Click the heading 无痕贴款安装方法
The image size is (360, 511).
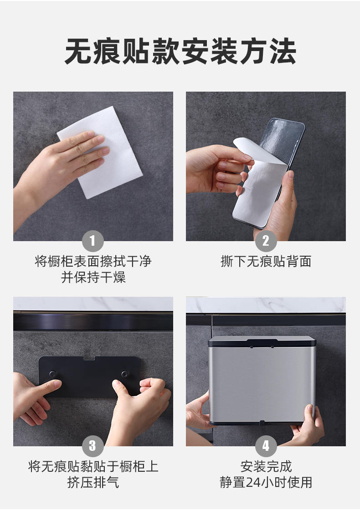(180, 52)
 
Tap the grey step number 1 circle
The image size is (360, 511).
(93, 241)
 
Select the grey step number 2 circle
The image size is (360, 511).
(266, 241)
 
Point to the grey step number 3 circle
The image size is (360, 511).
(93, 446)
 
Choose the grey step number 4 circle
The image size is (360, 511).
(266, 446)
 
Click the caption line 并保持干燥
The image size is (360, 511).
(93, 277)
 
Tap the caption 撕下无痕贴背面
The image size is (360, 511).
(266, 261)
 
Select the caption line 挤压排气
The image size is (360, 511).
(93, 482)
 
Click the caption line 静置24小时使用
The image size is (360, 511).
(266, 482)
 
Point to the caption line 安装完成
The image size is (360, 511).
(266, 466)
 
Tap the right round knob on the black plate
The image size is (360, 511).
(125, 374)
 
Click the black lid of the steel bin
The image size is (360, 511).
(262, 341)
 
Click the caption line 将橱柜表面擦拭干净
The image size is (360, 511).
(93, 261)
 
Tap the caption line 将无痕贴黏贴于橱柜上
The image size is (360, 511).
(93, 466)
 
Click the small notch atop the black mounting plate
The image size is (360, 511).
(89, 358)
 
